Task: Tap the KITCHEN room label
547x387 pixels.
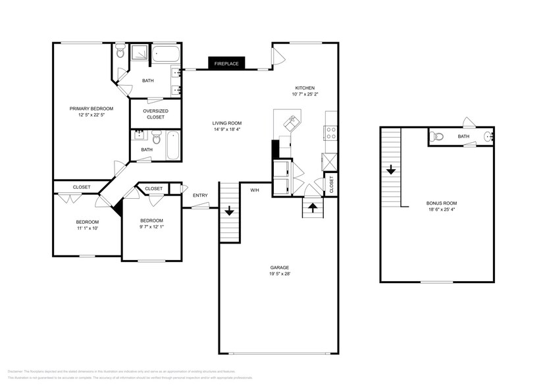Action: click(x=305, y=88)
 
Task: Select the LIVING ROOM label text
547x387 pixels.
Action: click(x=227, y=123)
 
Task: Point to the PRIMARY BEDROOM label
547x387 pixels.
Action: click(x=91, y=109)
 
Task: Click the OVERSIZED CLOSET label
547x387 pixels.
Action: click(x=155, y=114)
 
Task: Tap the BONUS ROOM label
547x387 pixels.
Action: click(x=441, y=203)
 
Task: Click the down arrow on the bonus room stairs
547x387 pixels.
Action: click(x=391, y=170)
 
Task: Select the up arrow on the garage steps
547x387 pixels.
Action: click(x=313, y=205)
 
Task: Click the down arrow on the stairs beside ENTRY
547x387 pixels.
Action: click(x=229, y=211)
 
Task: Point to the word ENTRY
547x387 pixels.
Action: click(x=200, y=195)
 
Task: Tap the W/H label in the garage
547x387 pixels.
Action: click(x=254, y=190)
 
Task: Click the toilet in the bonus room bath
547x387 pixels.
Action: click(x=436, y=137)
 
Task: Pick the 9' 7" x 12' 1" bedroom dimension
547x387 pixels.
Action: click(x=152, y=227)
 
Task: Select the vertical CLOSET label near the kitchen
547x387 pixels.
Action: click(x=331, y=185)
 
